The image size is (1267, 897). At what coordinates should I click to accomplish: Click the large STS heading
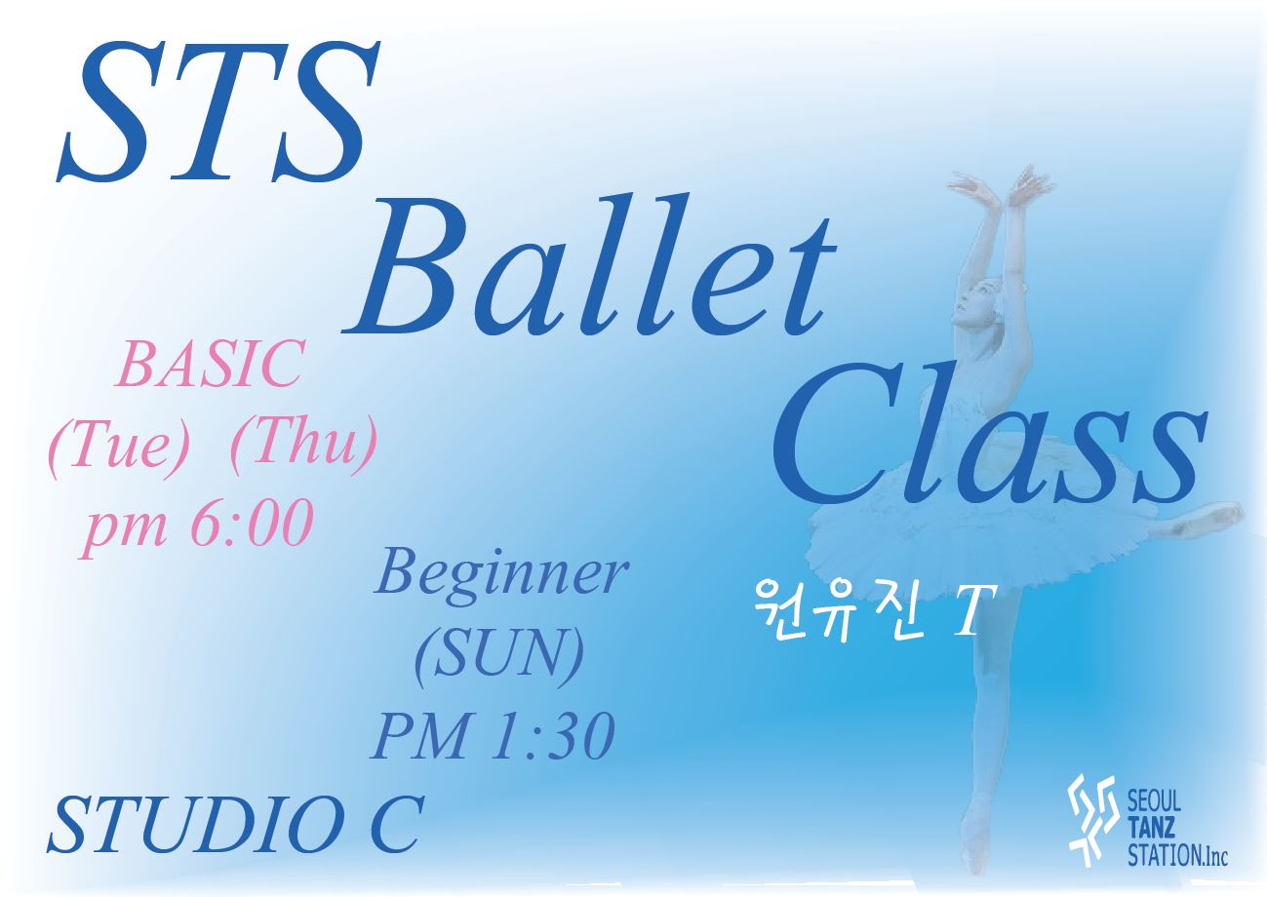click(218, 111)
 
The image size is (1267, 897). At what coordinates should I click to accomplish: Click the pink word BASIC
click(210, 364)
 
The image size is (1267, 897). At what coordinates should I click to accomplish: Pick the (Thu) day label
click(303, 445)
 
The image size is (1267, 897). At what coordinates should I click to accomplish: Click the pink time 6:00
click(253, 523)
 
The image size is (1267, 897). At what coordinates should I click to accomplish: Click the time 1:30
click(552, 736)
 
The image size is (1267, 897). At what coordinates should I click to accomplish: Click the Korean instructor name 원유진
click(832, 610)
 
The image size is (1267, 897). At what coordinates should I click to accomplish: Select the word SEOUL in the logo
click(1154, 801)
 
